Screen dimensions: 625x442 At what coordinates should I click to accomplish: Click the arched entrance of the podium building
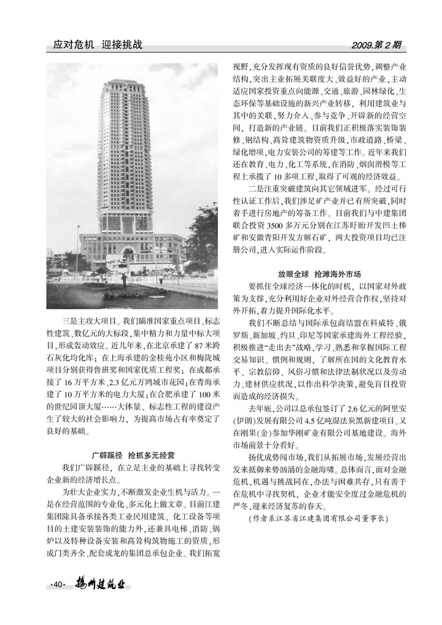tap(128, 254)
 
